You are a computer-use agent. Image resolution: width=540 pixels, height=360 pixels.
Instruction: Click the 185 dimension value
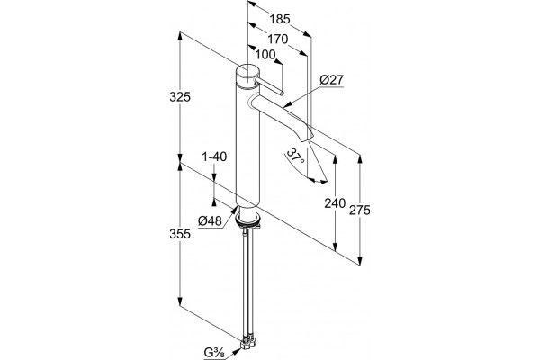coord(280,19)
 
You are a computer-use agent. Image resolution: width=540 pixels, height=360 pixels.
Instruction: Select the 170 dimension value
coord(277,40)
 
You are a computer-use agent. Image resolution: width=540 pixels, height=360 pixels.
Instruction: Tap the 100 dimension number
coord(265,54)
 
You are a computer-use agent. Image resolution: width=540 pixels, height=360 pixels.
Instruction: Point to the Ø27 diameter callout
coord(331,80)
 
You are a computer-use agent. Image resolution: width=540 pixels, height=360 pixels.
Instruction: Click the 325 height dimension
coord(180,97)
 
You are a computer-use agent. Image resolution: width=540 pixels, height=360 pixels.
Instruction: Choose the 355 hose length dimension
coord(180,234)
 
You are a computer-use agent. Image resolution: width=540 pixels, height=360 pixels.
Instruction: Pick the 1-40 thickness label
coord(214,157)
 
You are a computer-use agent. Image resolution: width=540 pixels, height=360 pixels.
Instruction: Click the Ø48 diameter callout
coord(210,220)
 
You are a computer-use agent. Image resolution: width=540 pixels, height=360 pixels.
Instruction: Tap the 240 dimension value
coord(335,203)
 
